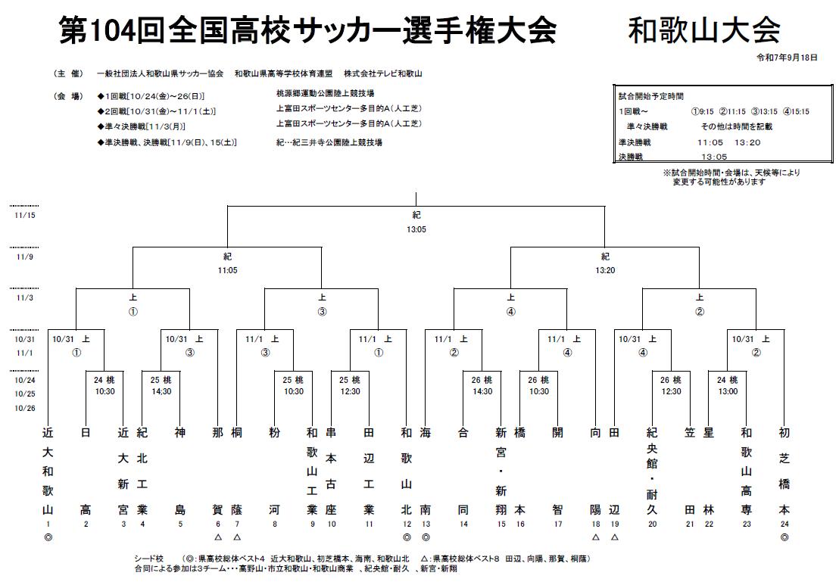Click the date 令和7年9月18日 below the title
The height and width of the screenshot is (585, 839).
click(787, 58)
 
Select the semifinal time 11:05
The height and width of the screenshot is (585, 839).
click(227, 269)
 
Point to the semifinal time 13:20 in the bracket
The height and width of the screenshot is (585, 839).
click(605, 269)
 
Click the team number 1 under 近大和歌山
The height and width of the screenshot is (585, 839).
click(48, 524)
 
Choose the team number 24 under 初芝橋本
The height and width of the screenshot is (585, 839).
click(784, 524)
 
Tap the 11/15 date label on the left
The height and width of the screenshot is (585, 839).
click(24, 216)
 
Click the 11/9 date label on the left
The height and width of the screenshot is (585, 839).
click(24, 257)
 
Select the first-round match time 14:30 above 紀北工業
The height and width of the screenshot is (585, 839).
click(161, 391)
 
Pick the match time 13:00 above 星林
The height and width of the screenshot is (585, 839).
click(727, 391)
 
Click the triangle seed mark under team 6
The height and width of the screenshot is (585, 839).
click(218, 537)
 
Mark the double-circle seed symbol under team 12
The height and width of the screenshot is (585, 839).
click(407, 537)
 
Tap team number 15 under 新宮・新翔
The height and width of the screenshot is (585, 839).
click(501, 524)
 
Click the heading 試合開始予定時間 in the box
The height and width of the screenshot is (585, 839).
click(650, 96)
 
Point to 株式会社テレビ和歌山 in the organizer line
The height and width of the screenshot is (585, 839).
click(382, 73)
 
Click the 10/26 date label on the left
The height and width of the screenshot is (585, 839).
click(24, 408)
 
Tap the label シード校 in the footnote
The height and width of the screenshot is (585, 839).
click(148, 559)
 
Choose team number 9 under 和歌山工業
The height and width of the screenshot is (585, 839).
click(312, 524)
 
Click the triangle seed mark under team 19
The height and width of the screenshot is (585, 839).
click(614, 537)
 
